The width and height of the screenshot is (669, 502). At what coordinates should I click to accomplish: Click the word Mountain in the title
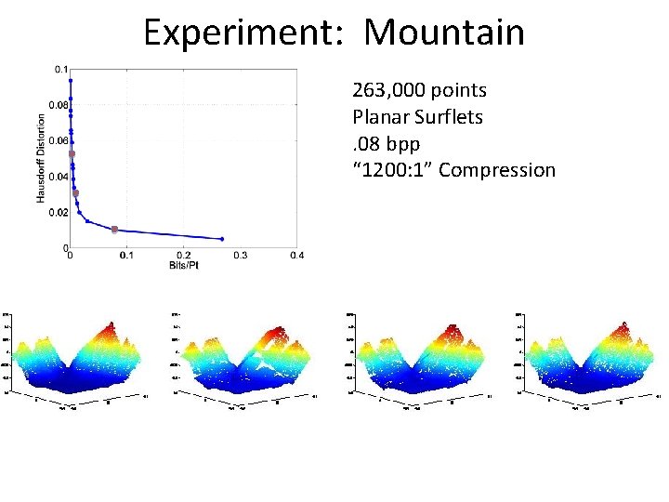444,33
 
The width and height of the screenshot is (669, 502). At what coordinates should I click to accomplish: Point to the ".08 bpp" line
386,144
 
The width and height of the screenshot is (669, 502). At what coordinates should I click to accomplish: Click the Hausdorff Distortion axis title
42,158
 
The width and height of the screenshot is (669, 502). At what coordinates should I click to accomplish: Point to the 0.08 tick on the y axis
59,105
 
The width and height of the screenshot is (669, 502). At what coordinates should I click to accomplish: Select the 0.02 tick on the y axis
59,213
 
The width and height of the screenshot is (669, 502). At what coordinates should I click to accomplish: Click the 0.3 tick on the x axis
240,256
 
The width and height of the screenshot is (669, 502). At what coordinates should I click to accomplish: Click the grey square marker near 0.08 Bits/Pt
114,229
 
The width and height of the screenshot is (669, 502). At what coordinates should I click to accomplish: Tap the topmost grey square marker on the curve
72,153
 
